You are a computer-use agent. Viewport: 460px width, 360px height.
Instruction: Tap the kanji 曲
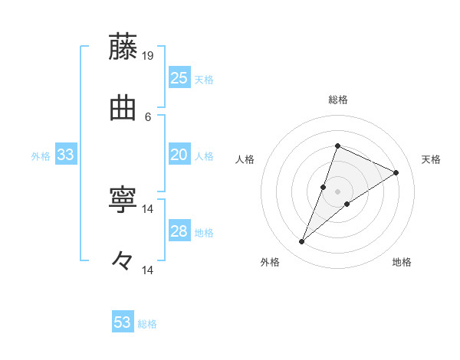coord(123,108)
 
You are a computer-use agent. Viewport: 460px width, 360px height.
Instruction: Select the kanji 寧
coord(123,200)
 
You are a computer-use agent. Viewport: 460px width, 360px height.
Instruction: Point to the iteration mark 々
coord(123,261)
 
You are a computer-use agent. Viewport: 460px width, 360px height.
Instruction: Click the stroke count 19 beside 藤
coord(149,55)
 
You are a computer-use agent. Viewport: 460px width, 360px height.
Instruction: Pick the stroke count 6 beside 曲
coord(149,116)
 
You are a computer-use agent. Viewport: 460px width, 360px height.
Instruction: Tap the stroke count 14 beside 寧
coord(149,208)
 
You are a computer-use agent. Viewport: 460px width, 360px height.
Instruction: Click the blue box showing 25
coord(179,78)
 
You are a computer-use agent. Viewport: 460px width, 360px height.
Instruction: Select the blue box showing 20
coord(179,155)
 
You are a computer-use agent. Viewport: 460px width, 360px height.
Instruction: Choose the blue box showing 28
coord(179,231)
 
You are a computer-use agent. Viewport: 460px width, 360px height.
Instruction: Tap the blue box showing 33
coord(66,155)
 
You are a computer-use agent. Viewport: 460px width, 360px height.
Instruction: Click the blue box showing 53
coord(123,322)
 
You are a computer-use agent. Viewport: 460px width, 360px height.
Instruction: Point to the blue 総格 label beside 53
coord(147,324)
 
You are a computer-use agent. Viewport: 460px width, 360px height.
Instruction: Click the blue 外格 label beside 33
coord(41,156)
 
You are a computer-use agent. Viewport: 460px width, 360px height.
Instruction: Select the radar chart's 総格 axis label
coord(337,100)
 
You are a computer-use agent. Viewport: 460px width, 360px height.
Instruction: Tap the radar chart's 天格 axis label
coord(431,159)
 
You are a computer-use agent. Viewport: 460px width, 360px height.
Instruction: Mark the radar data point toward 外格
coord(302,242)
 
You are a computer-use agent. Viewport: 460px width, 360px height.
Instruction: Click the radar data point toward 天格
coord(396,172)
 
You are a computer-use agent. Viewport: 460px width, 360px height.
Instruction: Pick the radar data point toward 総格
coord(337,146)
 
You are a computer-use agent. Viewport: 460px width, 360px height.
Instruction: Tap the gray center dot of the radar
coord(337,191)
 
